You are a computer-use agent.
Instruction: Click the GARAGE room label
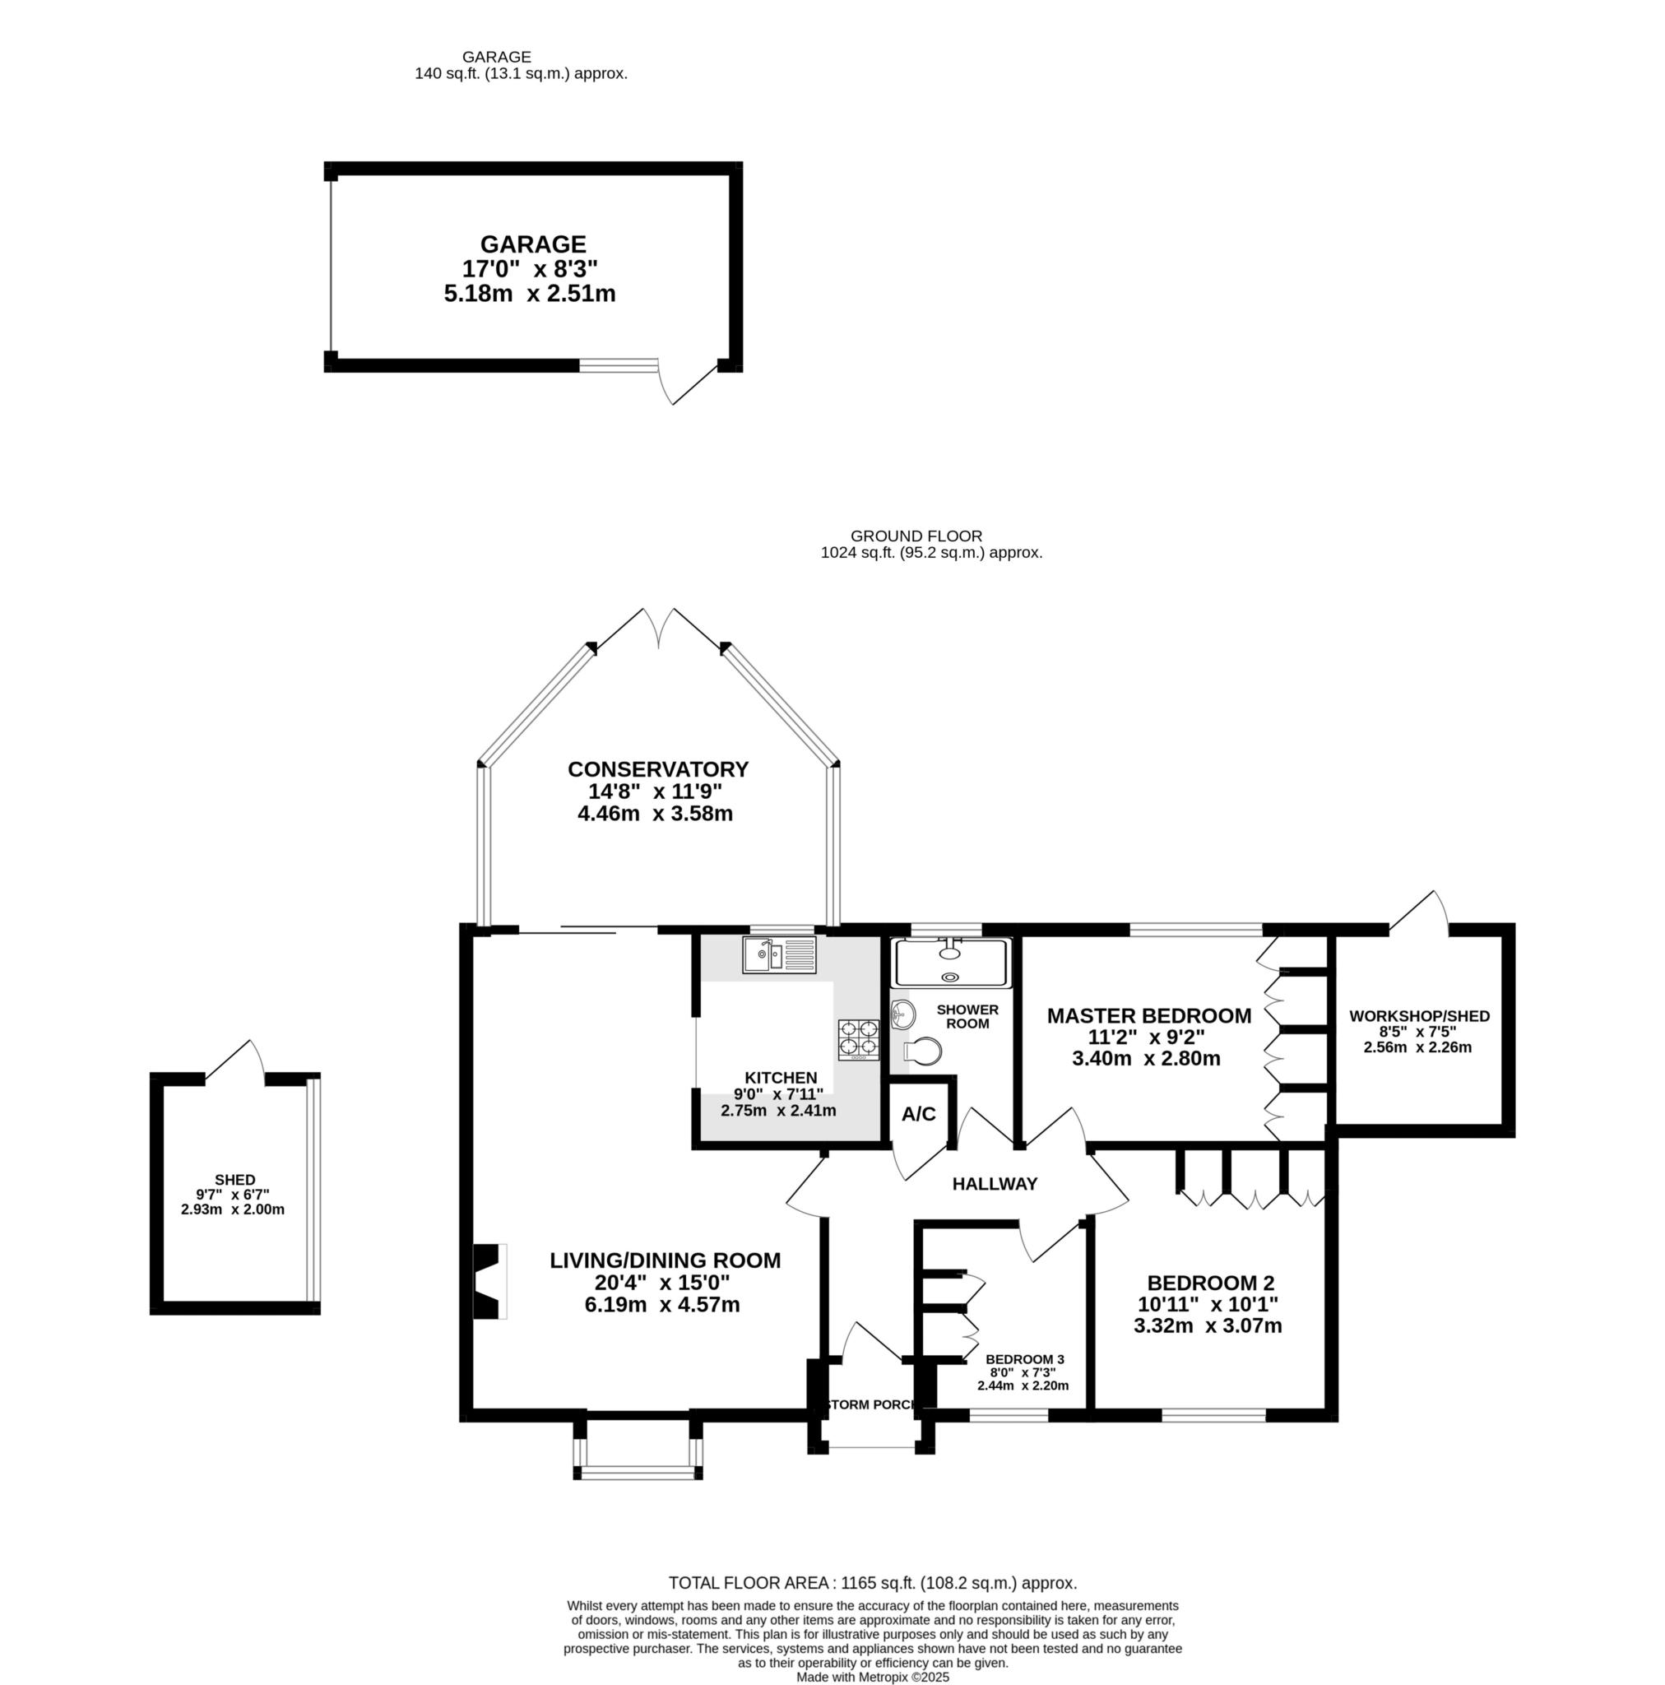[x=533, y=244]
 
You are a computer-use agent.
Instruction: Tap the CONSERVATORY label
[x=657, y=769]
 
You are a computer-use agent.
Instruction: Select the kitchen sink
[x=779, y=955]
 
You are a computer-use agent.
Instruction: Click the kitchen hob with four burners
[x=858, y=1040]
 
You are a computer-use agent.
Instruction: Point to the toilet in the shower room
[x=922, y=1051]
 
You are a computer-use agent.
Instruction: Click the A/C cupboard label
[x=918, y=1114]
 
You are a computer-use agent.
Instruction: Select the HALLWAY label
[x=995, y=1183]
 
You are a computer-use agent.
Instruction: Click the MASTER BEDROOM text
[x=1148, y=1016]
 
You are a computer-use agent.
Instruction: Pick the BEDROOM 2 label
[x=1211, y=1283]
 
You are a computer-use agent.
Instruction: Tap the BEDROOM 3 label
[x=1025, y=1359]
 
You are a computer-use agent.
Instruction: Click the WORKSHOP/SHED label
[x=1419, y=1016]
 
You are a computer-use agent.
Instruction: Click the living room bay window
[x=638, y=1447]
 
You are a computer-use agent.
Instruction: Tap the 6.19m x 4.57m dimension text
[x=662, y=1305]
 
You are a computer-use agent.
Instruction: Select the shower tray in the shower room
[x=951, y=963]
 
